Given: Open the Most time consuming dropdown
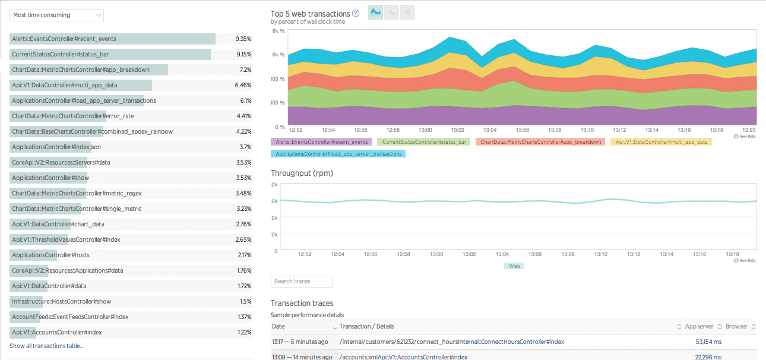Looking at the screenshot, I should click(56, 15).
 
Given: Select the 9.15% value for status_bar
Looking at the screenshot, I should click(243, 54).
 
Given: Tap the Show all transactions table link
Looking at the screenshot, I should click(46, 346).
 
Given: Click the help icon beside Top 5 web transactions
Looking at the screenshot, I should click(356, 13).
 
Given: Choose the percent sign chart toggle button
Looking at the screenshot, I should click(407, 12).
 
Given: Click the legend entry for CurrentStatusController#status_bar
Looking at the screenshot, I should click(426, 142).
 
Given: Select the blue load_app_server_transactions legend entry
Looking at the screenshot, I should click(338, 153).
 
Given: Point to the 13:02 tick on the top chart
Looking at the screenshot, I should click(457, 130).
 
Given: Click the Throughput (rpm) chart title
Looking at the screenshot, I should click(302, 173).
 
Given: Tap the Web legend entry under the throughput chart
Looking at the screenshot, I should click(514, 266).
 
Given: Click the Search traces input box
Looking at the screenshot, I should click(302, 281).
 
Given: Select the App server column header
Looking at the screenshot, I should click(699, 326).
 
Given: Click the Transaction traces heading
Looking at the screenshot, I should click(302, 303).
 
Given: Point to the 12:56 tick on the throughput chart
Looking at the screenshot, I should click(371, 254).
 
